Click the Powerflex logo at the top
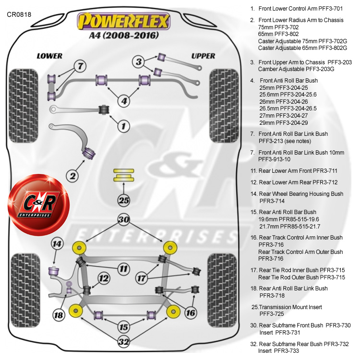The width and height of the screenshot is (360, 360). point(124,21)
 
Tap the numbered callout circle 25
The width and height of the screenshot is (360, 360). point(124,200)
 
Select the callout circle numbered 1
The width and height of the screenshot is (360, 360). point(124,126)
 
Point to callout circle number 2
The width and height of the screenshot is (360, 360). point(72,176)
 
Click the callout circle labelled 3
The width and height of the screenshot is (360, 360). point(139,61)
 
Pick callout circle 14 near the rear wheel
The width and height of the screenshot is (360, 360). point(58,244)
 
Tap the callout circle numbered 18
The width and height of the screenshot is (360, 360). point(59,315)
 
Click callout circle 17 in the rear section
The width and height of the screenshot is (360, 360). point(141,277)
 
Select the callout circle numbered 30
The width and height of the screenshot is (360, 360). point(124,220)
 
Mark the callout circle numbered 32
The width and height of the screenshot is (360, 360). point(124,341)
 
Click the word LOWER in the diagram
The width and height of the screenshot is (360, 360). point(49,56)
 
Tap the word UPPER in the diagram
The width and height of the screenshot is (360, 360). point(203,56)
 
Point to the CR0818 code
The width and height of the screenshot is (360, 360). point(19,14)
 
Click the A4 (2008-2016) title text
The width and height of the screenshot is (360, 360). point(124,35)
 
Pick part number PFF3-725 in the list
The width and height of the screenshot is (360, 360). point(272,313)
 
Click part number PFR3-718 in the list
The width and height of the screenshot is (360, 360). point(273,295)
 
